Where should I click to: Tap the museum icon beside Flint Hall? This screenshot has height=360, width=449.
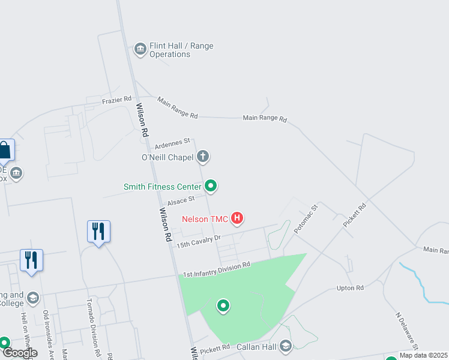(x=140, y=49)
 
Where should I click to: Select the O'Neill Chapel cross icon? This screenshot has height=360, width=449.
(x=203, y=157)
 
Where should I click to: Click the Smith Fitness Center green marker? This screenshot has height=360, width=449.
(x=211, y=186)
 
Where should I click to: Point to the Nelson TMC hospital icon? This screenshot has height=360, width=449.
(x=237, y=218)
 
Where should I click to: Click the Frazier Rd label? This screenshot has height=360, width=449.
(x=116, y=99)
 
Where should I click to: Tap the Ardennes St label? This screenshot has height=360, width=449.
(x=172, y=143)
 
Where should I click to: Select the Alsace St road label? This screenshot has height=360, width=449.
(x=181, y=200)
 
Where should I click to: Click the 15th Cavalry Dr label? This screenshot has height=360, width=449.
(x=199, y=241)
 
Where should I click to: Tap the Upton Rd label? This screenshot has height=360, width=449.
(x=351, y=289)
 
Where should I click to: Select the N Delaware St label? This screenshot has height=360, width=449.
(x=406, y=330)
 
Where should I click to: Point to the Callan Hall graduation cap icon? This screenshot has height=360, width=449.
(x=286, y=346)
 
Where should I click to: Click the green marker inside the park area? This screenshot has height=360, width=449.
(x=223, y=306)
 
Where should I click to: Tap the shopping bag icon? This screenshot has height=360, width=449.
(x=5, y=150)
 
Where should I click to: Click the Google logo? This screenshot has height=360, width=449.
(x=20, y=353)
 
